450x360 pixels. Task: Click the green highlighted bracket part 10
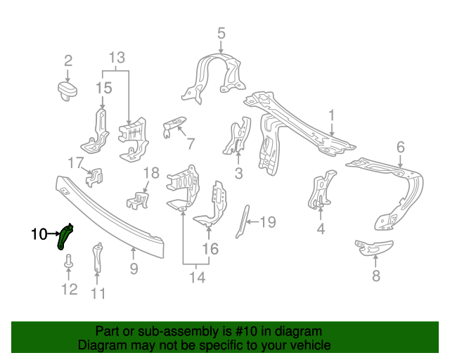[65, 236]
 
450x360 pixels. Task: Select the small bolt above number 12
[68, 262]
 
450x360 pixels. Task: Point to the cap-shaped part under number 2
[67, 90]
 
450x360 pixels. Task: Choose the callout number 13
[117, 57]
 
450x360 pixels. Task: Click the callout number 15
[103, 88]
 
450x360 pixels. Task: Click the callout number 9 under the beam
[133, 268]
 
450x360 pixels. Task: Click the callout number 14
[197, 278]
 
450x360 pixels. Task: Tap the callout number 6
[400, 147]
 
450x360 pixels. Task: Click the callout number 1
[331, 115]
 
